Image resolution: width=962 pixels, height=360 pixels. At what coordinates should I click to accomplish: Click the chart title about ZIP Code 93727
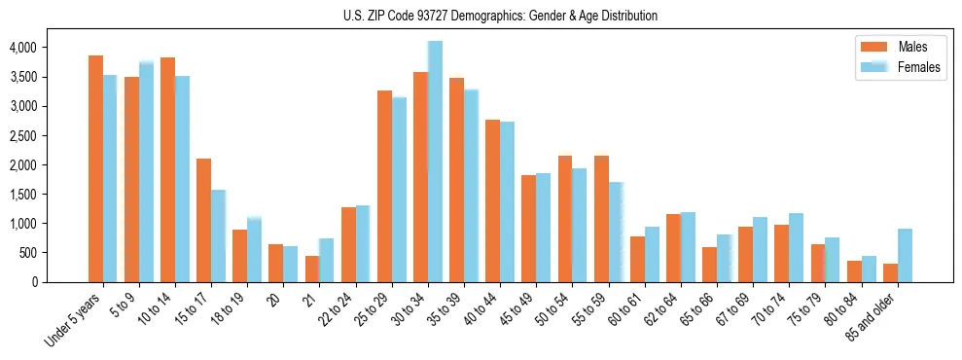(500, 16)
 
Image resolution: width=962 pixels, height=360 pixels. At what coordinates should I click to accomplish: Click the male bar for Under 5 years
(95, 168)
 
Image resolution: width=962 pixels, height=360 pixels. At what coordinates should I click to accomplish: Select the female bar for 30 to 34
(435, 162)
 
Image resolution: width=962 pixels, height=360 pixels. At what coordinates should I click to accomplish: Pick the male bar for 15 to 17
(203, 220)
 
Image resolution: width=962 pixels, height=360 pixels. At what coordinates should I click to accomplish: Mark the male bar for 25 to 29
(384, 186)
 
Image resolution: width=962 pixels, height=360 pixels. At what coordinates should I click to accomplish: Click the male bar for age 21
(311, 269)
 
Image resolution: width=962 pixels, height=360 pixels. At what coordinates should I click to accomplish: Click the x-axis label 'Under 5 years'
(73, 321)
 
